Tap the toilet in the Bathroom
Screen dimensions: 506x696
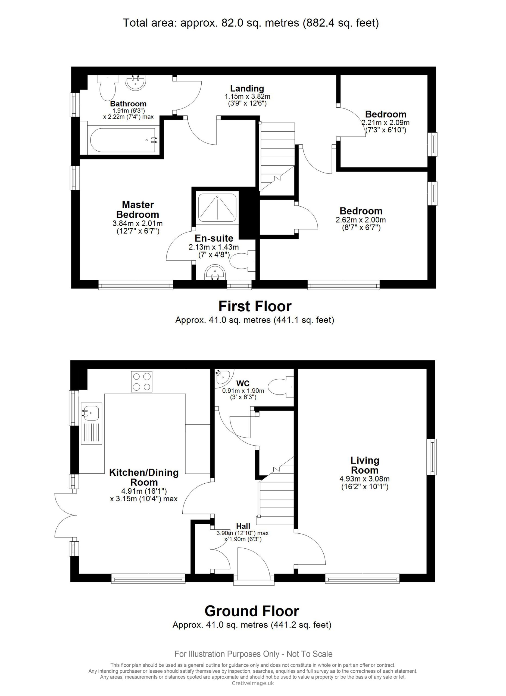coord(107,87)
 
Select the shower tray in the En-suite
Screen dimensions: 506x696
coord(217,208)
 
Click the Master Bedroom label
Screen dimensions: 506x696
coord(138,210)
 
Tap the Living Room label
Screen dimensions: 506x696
coord(365,465)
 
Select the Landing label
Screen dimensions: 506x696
coord(247,88)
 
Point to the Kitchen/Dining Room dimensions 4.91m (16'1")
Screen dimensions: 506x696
coord(144,491)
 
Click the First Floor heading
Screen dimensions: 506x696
coord(255,306)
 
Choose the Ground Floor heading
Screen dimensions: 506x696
coord(252,611)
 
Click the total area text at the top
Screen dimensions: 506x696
coord(251,23)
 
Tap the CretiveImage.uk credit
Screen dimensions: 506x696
coord(253,689)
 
